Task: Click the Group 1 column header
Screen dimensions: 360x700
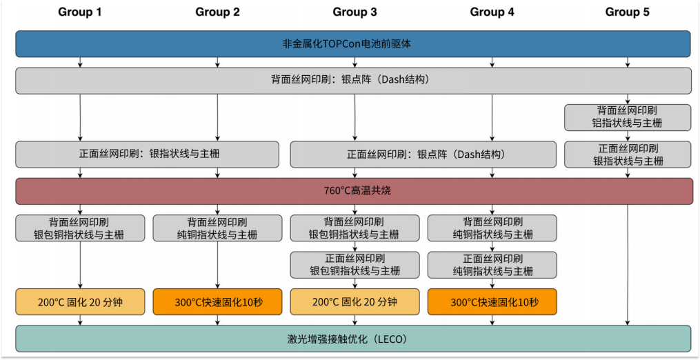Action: click(x=80, y=12)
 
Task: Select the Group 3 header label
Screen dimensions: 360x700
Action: click(x=354, y=12)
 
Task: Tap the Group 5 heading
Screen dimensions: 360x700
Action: click(x=627, y=12)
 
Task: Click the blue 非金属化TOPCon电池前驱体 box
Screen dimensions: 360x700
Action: click(x=353, y=43)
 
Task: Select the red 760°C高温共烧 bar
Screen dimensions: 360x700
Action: click(x=354, y=191)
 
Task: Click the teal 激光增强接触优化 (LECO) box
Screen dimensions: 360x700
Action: click(x=353, y=339)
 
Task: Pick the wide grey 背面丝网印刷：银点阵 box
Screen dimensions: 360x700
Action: click(x=353, y=80)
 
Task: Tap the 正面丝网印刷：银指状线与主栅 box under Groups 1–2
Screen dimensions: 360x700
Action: click(x=147, y=154)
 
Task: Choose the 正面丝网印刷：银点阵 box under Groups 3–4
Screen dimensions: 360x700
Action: click(x=421, y=154)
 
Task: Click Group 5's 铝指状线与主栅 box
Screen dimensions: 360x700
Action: click(x=628, y=117)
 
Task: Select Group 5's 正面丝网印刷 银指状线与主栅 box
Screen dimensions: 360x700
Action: click(x=628, y=154)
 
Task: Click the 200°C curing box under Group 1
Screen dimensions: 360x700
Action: click(x=80, y=302)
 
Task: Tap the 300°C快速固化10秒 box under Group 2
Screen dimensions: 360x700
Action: click(x=217, y=302)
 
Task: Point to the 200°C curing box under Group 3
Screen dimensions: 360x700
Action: click(x=354, y=302)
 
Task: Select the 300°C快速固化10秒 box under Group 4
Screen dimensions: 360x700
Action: click(x=492, y=302)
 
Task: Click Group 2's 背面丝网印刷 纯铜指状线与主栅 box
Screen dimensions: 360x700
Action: click(x=217, y=228)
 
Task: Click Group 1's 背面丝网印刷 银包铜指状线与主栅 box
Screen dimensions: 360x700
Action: click(x=80, y=228)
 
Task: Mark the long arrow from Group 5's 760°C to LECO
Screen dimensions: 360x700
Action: click(x=628, y=262)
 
